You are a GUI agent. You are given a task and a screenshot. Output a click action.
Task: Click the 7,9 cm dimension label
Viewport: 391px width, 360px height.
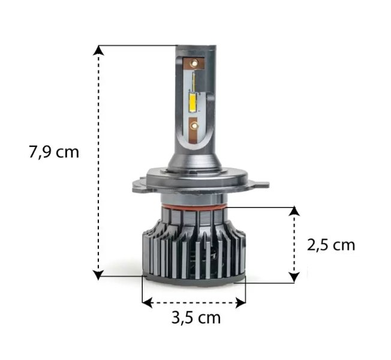54,152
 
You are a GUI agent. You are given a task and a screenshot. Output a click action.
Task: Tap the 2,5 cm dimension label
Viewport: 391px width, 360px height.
331,245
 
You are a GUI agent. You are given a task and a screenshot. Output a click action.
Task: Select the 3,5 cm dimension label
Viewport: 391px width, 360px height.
196,318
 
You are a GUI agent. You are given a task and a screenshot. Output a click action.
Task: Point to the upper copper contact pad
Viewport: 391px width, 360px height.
194,64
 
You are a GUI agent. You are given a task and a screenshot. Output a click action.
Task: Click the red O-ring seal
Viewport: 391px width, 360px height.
194,207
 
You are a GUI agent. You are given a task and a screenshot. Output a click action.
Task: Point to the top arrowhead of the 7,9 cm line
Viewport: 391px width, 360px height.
99,50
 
